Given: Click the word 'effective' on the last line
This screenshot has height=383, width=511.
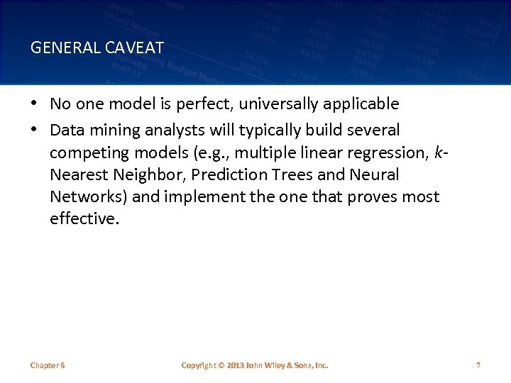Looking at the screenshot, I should tap(82, 218).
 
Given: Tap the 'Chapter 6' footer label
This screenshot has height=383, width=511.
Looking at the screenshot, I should tap(48, 365).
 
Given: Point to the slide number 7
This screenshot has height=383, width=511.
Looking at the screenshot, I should tap(478, 365).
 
